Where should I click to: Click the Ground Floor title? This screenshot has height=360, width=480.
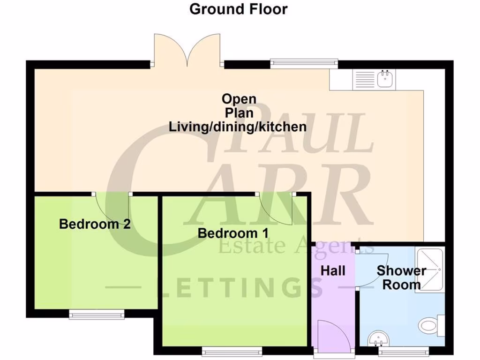238,9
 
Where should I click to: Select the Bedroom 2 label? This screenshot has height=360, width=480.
95,224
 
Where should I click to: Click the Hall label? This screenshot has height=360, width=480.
333,270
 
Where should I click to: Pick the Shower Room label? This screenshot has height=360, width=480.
401,277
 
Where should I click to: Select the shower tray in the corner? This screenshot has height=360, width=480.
429,269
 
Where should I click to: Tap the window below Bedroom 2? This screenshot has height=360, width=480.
97,315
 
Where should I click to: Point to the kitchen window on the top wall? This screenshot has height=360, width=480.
304,63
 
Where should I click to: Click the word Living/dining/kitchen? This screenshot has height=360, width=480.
238,127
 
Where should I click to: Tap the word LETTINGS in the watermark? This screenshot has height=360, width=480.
239,287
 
